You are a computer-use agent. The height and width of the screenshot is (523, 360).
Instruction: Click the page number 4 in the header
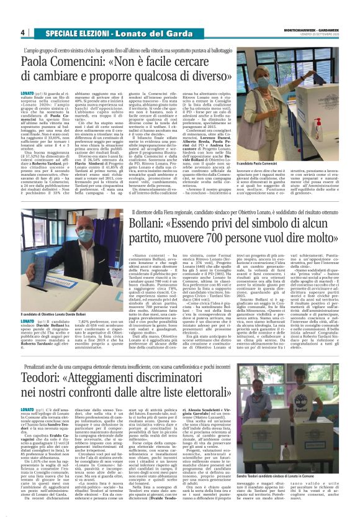point(22,32)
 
